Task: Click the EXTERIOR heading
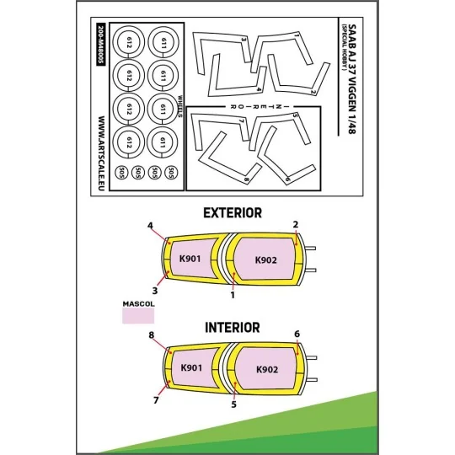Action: [x=233, y=213]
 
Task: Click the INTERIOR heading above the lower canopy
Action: [x=233, y=328]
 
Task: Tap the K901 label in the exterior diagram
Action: [x=190, y=259]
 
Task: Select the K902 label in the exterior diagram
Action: [x=266, y=260]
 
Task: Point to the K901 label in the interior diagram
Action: [x=191, y=367]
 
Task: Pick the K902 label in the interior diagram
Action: [x=267, y=369]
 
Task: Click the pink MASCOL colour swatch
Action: [x=138, y=316]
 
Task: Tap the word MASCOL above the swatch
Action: [x=139, y=304]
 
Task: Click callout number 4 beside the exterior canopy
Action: [x=150, y=226]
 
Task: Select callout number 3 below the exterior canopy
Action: [x=155, y=291]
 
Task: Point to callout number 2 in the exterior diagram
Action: [x=296, y=224]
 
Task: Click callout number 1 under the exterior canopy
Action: [x=233, y=295]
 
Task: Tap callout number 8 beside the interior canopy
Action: [x=151, y=335]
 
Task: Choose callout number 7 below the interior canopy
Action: [x=156, y=400]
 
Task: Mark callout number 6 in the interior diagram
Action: [x=297, y=334]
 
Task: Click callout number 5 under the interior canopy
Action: [x=234, y=404]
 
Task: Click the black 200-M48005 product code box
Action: [x=101, y=44]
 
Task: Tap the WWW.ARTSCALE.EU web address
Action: [x=101, y=153]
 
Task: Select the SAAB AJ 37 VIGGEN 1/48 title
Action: [x=351, y=79]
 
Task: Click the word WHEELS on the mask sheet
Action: [x=180, y=106]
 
